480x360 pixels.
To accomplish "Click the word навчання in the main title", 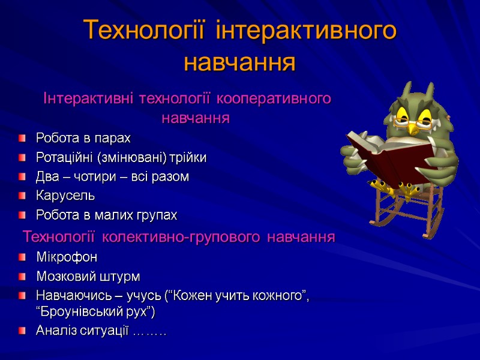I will tap(240, 62).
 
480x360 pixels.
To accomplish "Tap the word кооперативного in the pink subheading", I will tap(273, 98).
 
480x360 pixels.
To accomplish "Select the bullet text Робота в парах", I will tap(83, 139).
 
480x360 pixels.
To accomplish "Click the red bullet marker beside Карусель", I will tap(22, 196).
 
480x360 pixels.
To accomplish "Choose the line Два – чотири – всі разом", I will tap(112, 177).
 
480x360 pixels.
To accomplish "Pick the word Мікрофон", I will tap(67, 257).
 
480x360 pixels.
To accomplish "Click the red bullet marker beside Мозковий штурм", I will tap(22, 277).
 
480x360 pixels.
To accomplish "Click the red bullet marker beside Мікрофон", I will tap(22, 257).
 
